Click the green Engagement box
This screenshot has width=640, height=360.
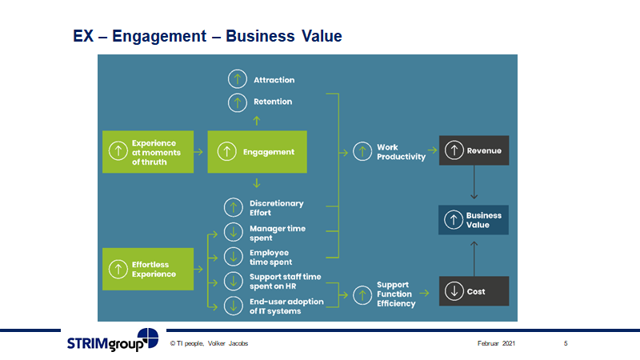[x=258, y=151]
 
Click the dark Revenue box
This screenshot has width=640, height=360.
[x=474, y=150]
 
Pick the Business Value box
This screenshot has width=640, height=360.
[x=474, y=220]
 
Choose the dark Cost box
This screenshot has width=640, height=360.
[x=474, y=290]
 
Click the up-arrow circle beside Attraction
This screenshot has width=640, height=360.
[x=237, y=79]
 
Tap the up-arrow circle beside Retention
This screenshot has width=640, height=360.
[x=237, y=102]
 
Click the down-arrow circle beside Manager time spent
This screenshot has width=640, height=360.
[x=233, y=232]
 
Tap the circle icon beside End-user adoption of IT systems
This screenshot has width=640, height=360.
[x=233, y=306]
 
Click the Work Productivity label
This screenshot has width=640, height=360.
[x=401, y=152]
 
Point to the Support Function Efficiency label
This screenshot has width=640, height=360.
[x=396, y=294]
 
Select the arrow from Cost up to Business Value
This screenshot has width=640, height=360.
[x=474, y=256]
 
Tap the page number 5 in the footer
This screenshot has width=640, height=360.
[x=566, y=343]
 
